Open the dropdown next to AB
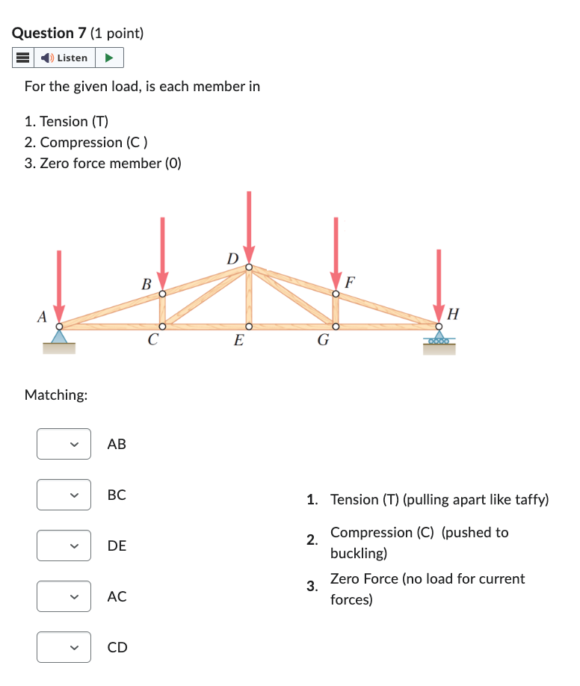[64, 444]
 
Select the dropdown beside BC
[64, 495]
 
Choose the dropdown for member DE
[64, 546]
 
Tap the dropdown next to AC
[64, 596]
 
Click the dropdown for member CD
[64, 647]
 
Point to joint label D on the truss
[233, 259]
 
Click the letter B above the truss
[146, 284]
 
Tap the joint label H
[453, 313]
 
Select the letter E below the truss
[238, 342]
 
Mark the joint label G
[323, 342]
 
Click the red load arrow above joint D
[249, 224]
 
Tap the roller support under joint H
[439, 341]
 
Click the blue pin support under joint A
[59, 336]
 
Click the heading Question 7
[49, 33]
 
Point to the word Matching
[56, 394]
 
